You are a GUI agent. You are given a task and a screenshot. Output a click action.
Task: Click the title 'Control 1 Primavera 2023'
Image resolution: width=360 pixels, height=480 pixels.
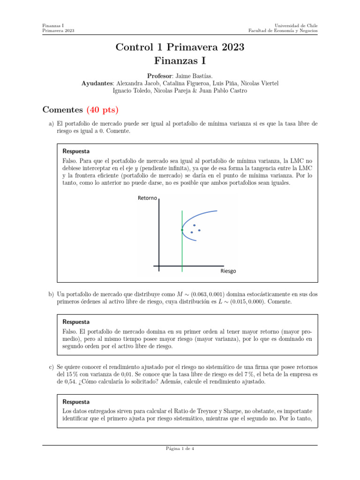pyautogui.click(x=180, y=47)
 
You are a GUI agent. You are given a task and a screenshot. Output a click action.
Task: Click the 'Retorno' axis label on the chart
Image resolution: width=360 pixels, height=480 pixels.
pyautogui.click(x=148, y=198)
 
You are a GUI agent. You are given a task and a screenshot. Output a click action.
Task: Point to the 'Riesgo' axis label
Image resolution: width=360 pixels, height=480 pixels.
pyautogui.click(x=228, y=271)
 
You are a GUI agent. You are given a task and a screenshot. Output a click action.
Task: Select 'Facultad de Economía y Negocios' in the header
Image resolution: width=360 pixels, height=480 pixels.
pyautogui.click(x=283, y=31)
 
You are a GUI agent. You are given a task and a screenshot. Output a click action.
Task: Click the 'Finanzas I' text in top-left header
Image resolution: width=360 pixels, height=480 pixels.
pyautogui.click(x=53, y=25)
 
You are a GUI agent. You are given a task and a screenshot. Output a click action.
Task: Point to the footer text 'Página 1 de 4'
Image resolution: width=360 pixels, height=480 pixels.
pyautogui.click(x=180, y=448)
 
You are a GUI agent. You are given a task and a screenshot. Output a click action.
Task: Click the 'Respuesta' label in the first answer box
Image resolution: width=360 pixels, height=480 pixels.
pyautogui.click(x=76, y=151)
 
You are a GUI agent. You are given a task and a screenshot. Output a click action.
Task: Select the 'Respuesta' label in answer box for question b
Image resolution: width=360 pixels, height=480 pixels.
pyautogui.click(x=76, y=322)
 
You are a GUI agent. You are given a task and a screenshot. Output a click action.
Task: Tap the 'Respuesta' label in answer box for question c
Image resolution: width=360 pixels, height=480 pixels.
pyautogui.click(x=76, y=402)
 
